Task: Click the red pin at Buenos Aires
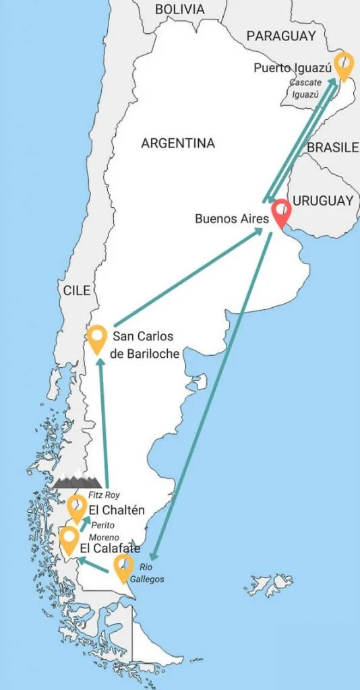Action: click(280, 213)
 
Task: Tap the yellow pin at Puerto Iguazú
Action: click(344, 65)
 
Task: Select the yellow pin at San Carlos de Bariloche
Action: click(98, 338)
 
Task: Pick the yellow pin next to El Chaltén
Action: click(77, 507)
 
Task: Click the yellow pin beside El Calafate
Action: click(68, 540)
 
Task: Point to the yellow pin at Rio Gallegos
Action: click(123, 567)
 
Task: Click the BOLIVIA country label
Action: click(179, 9)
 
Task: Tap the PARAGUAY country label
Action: click(281, 36)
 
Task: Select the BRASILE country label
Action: click(332, 148)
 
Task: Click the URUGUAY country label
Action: click(324, 201)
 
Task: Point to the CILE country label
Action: click(77, 290)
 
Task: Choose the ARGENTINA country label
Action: click(178, 143)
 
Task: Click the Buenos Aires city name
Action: click(231, 219)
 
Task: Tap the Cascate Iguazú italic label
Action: click(304, 88)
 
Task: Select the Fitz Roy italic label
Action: click(103, 495)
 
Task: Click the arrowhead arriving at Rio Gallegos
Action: click(154, 556)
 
